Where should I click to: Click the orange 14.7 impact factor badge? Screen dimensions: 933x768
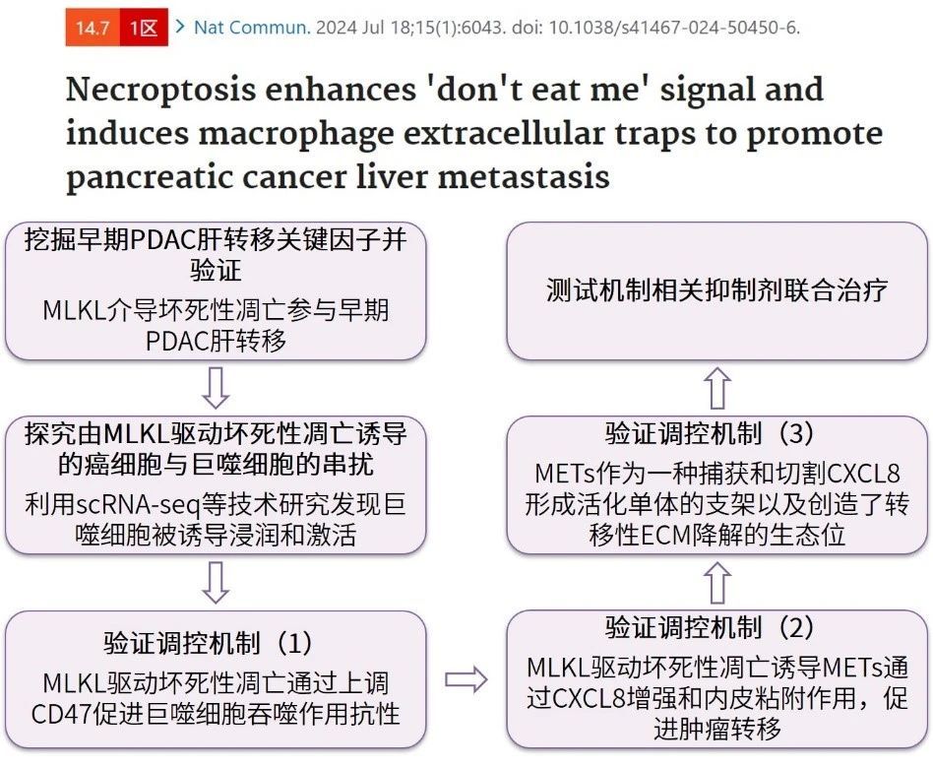93,28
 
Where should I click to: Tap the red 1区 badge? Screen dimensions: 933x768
144,28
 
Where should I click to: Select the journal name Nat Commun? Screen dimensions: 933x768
252,28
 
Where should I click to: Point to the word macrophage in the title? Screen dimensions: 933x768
295,134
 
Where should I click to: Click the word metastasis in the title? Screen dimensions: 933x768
524,177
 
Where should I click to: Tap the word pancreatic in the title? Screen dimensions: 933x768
155,178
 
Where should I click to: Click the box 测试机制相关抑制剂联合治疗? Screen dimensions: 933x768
717,291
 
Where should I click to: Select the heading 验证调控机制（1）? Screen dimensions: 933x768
208,644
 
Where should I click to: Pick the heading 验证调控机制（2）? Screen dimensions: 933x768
710,627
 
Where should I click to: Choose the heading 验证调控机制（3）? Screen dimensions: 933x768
710,433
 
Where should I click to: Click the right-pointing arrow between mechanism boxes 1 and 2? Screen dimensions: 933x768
466,679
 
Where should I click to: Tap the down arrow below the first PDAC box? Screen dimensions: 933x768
216,388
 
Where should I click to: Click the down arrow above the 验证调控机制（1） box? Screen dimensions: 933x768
216,583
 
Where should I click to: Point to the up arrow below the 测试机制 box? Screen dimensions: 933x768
717,388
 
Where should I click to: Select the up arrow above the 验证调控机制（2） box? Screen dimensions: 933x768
717,583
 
